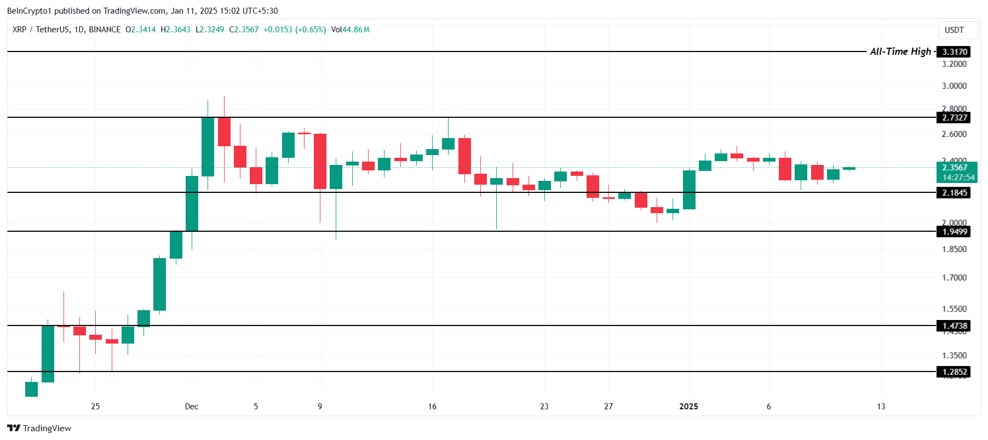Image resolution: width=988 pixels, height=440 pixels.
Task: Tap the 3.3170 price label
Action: (x=954, y=52)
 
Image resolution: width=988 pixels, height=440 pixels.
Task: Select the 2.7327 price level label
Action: (x=954, y=118)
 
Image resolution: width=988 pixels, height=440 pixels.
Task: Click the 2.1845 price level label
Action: (x=954, y=193)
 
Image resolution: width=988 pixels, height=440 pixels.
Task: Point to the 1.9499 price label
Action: (x=954, y=232)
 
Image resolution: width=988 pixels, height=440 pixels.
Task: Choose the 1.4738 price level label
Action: (x=954, y=326)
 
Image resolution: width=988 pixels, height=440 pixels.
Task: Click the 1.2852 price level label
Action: (x=954, y=372)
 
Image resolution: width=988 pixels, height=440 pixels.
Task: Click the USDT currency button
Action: (x=954, y=30)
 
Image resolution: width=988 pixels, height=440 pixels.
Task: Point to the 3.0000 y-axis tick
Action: (x=954, y=86)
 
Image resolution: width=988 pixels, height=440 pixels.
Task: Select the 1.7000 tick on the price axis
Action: (x=954, y=278)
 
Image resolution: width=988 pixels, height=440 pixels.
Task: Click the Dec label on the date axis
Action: (x=192, y=407)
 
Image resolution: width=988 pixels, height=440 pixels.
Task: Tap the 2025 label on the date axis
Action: (x=688, y=407)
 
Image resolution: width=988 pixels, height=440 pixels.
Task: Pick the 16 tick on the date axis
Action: (x=432, y=407)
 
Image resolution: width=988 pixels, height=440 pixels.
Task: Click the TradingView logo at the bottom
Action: (x=39, y=428)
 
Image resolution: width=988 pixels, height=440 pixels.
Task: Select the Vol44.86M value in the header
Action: (x=351, y=30)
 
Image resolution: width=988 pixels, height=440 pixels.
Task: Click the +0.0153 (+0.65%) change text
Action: (x=295, y=30)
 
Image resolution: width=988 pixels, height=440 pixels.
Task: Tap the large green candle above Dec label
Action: (x=192, y=203)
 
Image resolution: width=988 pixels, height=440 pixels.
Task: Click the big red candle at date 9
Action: (x=320, y=161)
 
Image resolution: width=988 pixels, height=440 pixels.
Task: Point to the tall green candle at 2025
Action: (x=689, y=190)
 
